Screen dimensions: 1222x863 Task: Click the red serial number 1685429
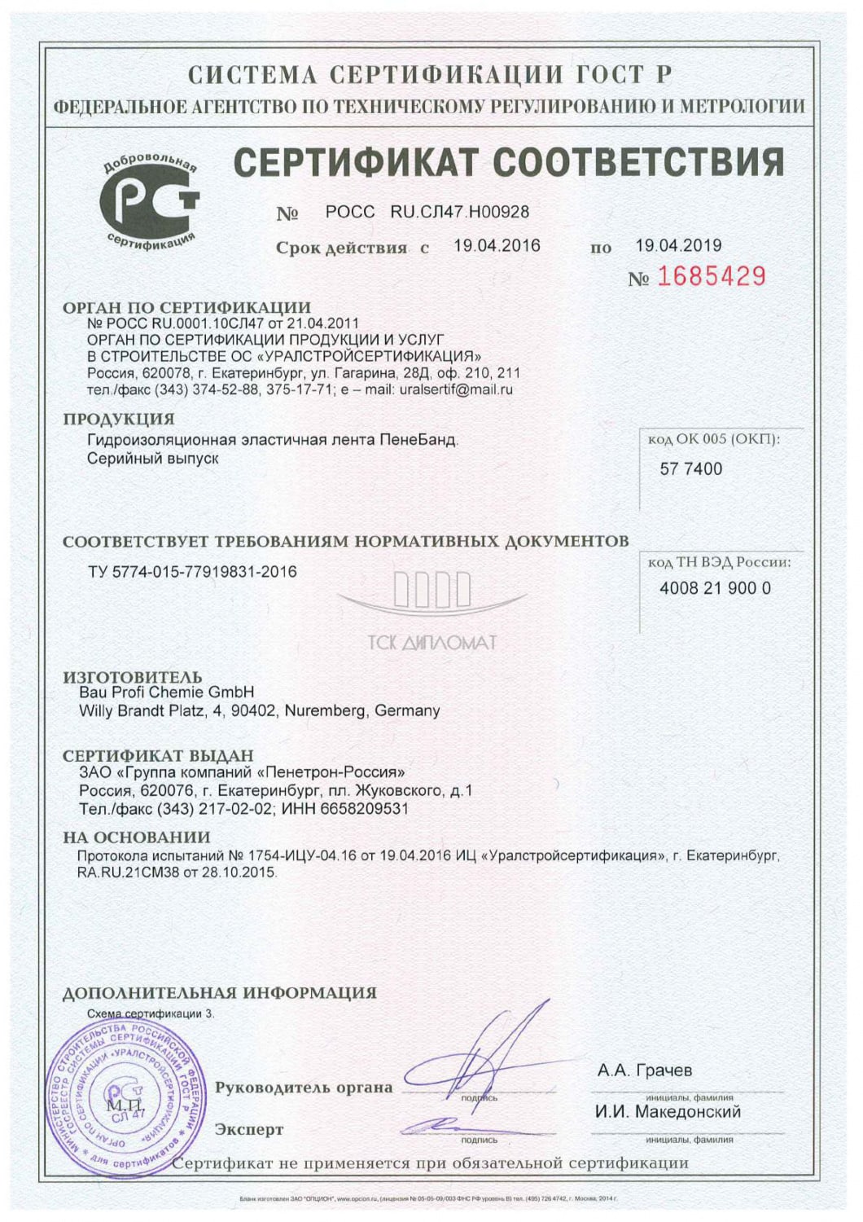pos(711,277)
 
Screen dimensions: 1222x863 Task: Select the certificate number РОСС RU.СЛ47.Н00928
pos(427,212)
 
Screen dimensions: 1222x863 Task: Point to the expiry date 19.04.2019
pos(678,245)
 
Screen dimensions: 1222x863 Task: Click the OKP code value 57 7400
pos(690,468)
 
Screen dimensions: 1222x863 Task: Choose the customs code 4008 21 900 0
pos(715,588)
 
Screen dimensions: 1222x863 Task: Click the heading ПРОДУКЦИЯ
pos(119,419)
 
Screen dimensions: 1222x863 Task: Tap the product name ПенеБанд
pos(418,440)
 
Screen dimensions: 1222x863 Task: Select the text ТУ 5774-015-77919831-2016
pos(192,572)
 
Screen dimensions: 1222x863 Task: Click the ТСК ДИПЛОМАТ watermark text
pos(432,643)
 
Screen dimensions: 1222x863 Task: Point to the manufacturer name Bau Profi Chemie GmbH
pos(166,692)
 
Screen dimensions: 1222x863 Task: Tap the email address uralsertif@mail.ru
pos(455,389)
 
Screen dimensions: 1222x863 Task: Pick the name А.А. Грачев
pos(644,1070)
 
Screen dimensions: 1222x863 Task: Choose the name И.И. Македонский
pos(668,1112)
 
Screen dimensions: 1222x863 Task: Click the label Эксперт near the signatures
pos(249,1129)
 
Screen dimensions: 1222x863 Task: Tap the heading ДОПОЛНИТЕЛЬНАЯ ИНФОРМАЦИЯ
pos(220,993)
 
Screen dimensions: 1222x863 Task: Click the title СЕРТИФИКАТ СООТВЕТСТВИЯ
pos(509,163)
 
